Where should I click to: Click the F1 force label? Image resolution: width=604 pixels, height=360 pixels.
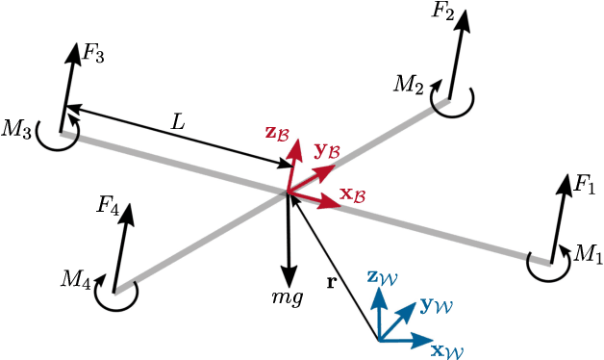585,184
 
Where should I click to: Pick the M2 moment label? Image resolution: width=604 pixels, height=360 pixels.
409,84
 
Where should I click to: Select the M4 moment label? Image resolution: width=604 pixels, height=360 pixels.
76,279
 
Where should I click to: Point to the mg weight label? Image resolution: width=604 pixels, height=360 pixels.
288,296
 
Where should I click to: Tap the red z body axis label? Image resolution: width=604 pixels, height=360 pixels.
277,133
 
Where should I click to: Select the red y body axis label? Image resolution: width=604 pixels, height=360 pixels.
326,149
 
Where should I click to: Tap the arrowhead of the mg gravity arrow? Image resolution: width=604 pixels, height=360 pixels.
288,270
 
